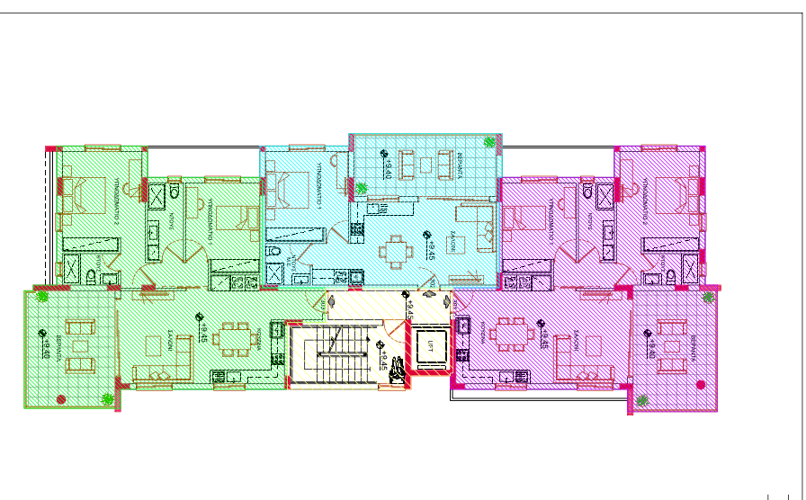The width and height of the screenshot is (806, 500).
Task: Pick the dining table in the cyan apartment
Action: [x=397, y=251]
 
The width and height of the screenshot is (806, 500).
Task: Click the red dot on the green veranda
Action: [x=60, y=398]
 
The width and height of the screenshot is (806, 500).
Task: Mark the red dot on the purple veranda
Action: [x=702, y=384]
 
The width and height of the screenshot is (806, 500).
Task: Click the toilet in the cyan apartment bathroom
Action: [x=275, y=253]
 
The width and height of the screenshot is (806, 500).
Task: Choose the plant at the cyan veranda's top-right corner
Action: [x=490, y=141]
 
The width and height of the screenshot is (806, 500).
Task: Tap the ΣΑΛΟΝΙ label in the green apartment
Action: [x=169, y=337]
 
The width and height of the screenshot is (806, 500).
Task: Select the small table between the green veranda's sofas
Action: [x=81, y=345]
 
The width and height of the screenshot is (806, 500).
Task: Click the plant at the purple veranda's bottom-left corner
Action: [x=641, y=400]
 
